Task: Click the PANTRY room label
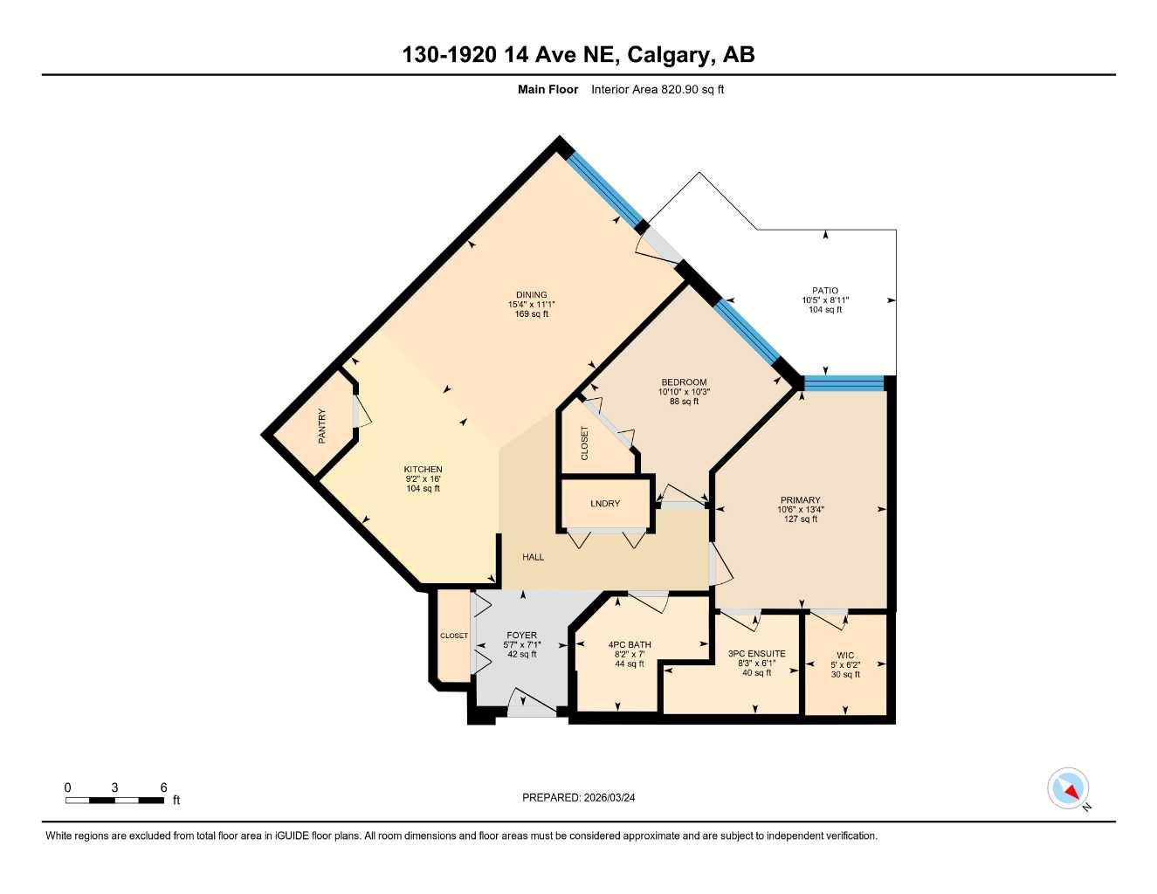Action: click(x=322, y=426)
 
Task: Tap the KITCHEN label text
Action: click(x=423, y=470)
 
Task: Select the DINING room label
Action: click(x=531, y=295)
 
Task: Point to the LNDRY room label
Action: click(x=605, y=504)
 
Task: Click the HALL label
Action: click(x=533, y=557)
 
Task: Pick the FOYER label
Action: click(x=522, y=636)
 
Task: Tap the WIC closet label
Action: click(x=845, y=656)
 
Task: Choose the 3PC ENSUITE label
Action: click(x=756, y=654)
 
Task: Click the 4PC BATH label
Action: click(x=630, y=645)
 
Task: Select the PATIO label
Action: click(x=825, y=291)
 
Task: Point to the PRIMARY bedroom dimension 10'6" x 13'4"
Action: click(x=801, y=510)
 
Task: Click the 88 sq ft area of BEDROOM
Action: click(x=684, y=402)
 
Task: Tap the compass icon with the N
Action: click(x=1068, y=788)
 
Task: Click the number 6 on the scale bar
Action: click(x=163, y=787)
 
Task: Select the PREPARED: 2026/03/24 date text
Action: click(x=578, y=797)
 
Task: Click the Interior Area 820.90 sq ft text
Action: click(x=658, y=89)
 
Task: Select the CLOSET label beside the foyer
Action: click(x=454, y=636)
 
